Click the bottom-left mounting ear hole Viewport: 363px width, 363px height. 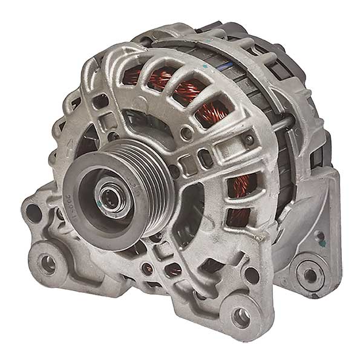[x=47, y=261]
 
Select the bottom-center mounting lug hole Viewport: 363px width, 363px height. [x=241, y=315]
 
